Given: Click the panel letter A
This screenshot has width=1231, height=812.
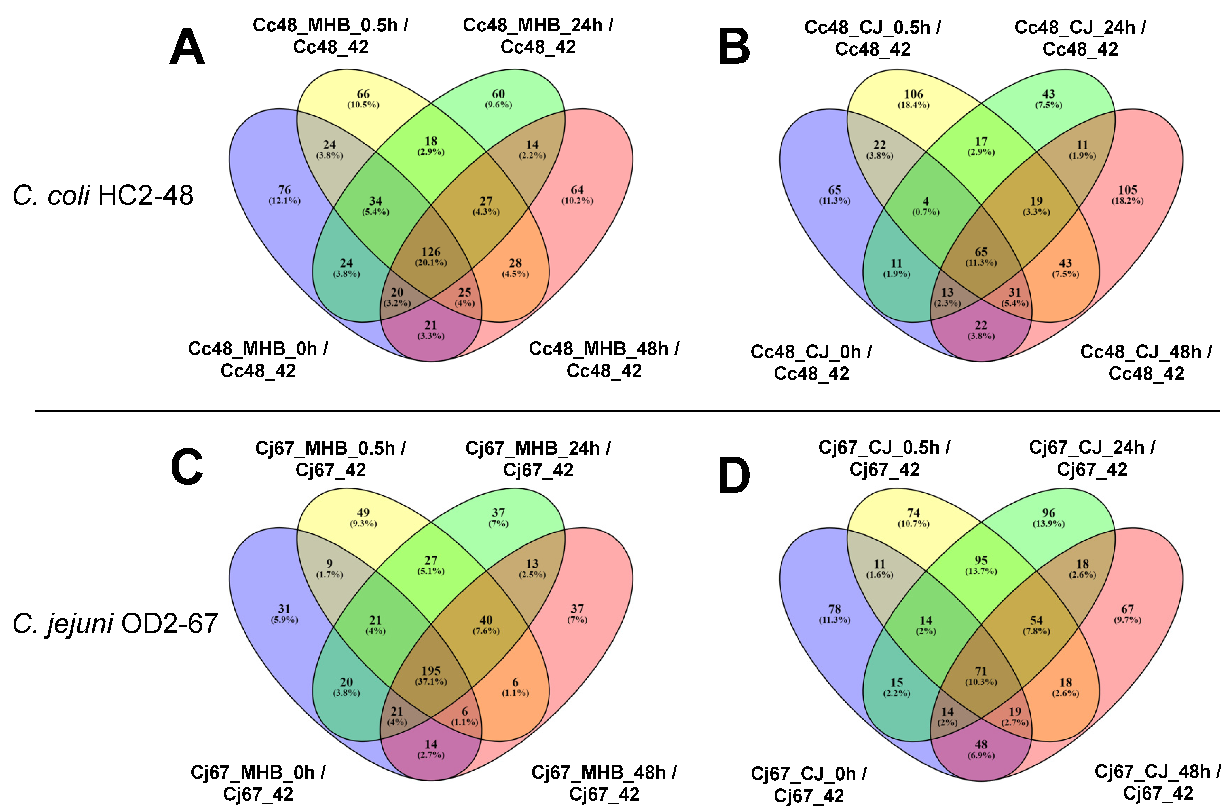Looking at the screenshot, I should [187, 47].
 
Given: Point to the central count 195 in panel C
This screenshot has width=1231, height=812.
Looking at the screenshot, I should [431, 671].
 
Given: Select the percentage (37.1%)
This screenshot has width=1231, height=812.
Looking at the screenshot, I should [431, 682].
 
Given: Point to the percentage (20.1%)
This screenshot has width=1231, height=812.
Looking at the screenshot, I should [431, 263].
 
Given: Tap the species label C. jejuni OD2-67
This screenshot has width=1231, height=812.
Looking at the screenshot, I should [115, 623].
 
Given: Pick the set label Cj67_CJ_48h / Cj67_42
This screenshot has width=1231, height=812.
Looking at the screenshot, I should [1158, 783].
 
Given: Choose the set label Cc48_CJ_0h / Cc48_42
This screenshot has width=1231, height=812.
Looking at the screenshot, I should [811, 362].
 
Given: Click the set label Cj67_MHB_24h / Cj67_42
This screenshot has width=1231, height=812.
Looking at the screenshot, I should [538, 459].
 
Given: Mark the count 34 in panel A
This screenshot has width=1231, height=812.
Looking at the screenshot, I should [375, 201].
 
